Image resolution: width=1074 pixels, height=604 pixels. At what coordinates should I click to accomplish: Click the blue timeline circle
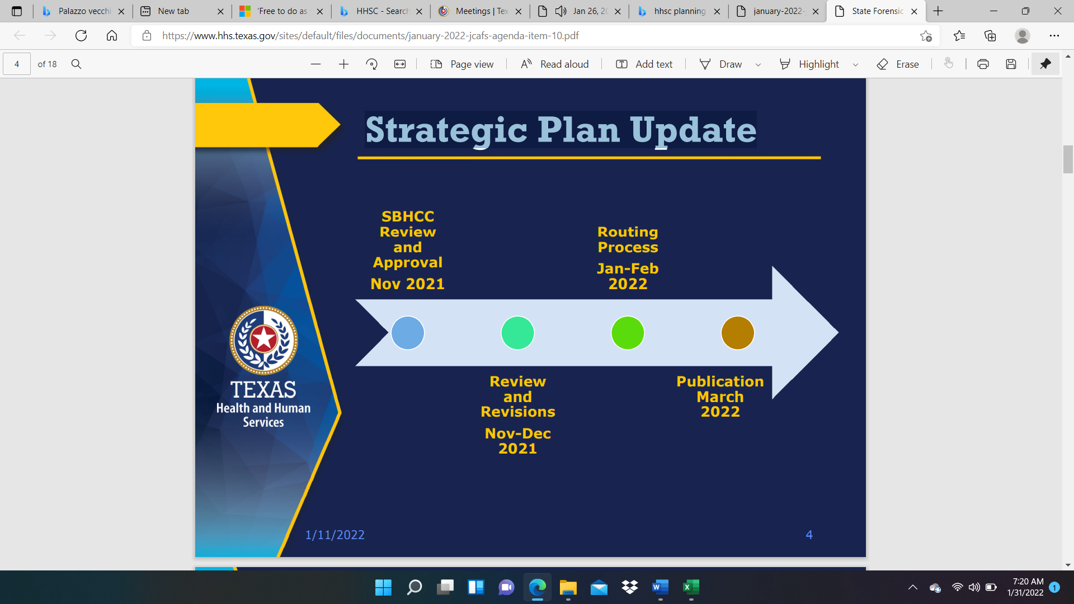[x=408, y=333]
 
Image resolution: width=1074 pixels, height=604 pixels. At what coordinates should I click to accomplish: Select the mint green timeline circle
[x=517, y=333]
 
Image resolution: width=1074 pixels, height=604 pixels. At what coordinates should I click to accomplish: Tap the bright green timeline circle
[x=628, y=333]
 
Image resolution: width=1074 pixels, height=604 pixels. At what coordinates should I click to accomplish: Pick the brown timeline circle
[x=738, y=333]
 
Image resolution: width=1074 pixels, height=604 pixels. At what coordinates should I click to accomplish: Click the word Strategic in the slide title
[x=446, y=130]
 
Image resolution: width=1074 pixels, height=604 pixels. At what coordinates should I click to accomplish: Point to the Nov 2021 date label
[x=408, y=284]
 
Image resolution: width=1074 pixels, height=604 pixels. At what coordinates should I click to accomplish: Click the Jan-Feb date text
[x=628, y=268]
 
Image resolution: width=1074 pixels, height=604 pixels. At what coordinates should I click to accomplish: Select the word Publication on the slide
[x=720, y=381]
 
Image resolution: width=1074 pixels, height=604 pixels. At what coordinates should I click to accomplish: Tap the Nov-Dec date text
[x=518, y=433]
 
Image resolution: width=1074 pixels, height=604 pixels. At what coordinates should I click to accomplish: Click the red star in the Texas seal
[x=263, y=339]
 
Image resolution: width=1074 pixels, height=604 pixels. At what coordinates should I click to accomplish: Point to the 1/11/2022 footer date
[x=335, y=535]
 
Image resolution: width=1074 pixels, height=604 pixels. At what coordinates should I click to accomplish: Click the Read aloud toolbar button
[x=554, y=64]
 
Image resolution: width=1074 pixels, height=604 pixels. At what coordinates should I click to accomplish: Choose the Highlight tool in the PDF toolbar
[x=809, y=64]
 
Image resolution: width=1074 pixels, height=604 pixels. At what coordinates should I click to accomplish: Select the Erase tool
[x=898, y=64]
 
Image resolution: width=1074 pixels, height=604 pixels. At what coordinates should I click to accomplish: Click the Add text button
[x=644, y=64]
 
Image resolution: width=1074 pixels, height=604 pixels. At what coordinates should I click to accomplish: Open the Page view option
[x=462, y=64]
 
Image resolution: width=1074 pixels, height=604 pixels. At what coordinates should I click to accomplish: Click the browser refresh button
[x=81, y=36]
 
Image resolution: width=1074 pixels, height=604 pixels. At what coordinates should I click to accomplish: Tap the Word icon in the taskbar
[x=660, y=587]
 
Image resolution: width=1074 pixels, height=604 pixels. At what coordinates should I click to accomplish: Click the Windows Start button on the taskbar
[x=383, y=587]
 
